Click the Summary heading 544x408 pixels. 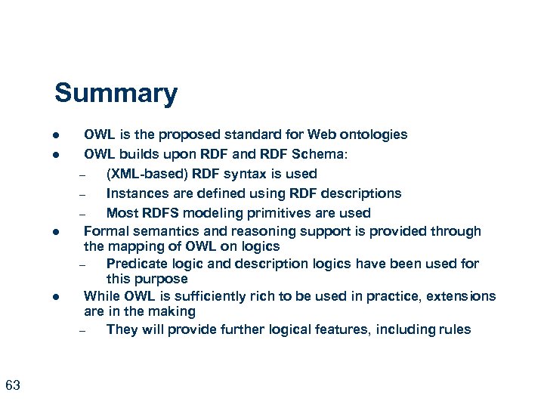pyautogui.click(x=116, y=94)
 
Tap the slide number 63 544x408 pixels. pyautogui.click(x=13, y=386)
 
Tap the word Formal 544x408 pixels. pyautogui.click(x=105, y=231)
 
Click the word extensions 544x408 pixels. pyautogui.click(x=462, y=295)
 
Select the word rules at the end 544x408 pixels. pyautogui.click(x=453, y=329)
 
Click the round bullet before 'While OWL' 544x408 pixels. pyautogui.click(x=56, y=297)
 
